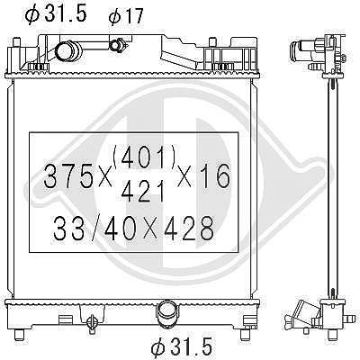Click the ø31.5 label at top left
[x=57, y=13]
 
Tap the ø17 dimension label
[x=126, y=16]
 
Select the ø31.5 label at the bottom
[x=182, y=346]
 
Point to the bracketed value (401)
[x=144, y=158]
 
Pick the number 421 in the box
[x=143, y=191]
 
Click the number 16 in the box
[x=216, y=176]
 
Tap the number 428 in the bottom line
[x=191, y=229]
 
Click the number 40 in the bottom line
[x=118, y=229]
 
